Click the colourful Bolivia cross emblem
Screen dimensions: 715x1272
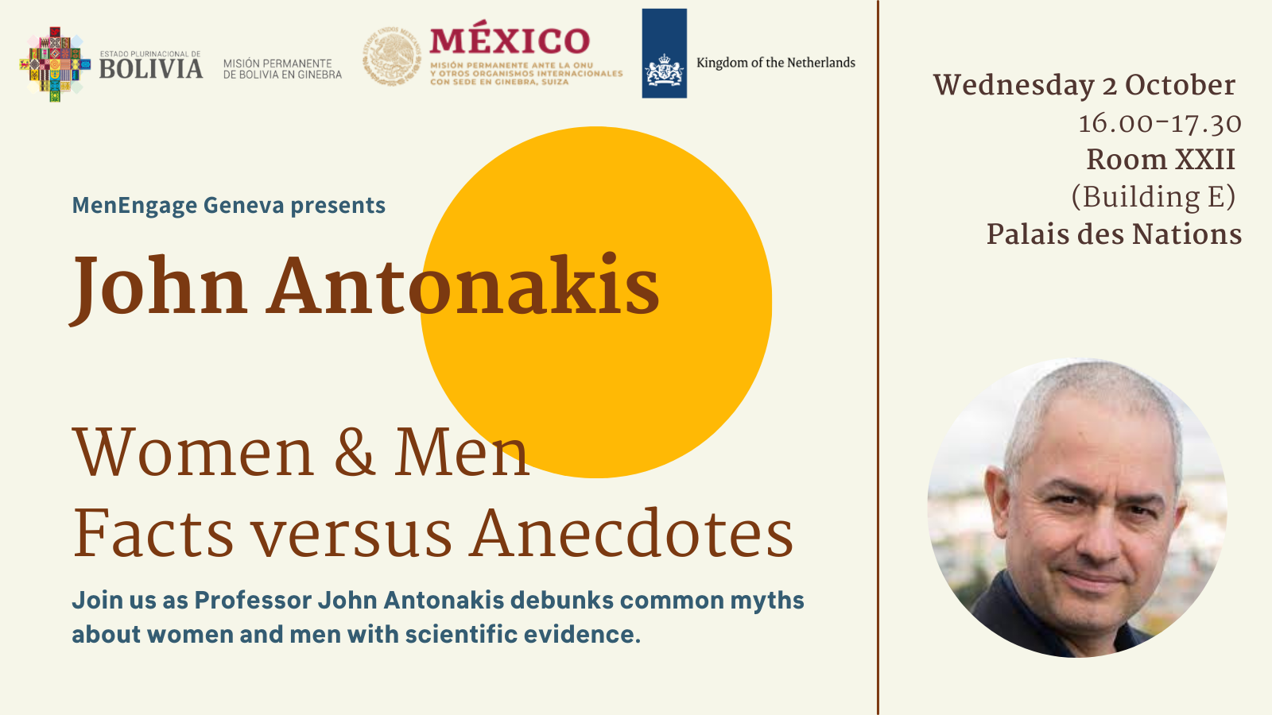click(54, 65)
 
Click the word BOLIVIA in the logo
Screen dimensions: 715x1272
click(150, 69)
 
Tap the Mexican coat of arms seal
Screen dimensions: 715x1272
click(392, 56)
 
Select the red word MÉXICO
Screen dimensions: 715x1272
click(510, 41)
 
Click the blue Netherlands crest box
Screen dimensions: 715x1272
click(664, 54)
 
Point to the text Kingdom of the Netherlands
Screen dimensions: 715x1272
click(775, 63)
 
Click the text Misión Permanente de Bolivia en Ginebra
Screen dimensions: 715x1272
click(282, 69)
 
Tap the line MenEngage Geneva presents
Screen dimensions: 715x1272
click(228, 206)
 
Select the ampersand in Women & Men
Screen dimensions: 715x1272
click(355, 453)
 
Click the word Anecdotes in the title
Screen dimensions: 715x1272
click(632, 534)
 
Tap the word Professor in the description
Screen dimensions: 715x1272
click(253, 600)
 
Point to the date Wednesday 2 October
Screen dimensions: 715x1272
click(1084, 86)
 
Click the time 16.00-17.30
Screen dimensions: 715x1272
click(1159, 123)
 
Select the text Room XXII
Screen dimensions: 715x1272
click(1160, 160)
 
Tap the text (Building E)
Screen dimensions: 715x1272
click(1153, 197)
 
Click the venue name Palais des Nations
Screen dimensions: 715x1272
click(1114, 234)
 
